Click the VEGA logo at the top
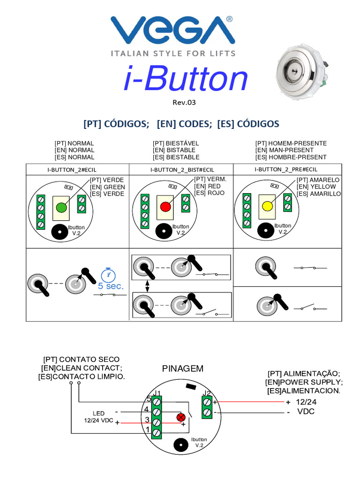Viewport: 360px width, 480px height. tap(172, 31)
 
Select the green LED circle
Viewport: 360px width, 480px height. tap(61, 207)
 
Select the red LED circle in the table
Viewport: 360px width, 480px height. tap(165, 207)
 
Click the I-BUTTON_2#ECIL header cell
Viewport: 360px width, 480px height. tap(78, 169)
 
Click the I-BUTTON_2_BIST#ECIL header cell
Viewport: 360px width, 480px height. tap(182, 169)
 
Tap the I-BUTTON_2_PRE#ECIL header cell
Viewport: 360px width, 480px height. tap(286, 169)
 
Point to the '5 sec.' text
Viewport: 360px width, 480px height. tap(111, 286)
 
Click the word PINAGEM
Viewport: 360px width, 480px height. tap(183, 368)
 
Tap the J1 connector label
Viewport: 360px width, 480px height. tap(157, 393)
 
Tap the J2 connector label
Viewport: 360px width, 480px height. tap(207, 393)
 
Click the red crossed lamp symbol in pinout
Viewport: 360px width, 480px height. tap(180, 418)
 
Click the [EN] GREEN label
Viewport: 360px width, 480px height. tap(107, 187)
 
